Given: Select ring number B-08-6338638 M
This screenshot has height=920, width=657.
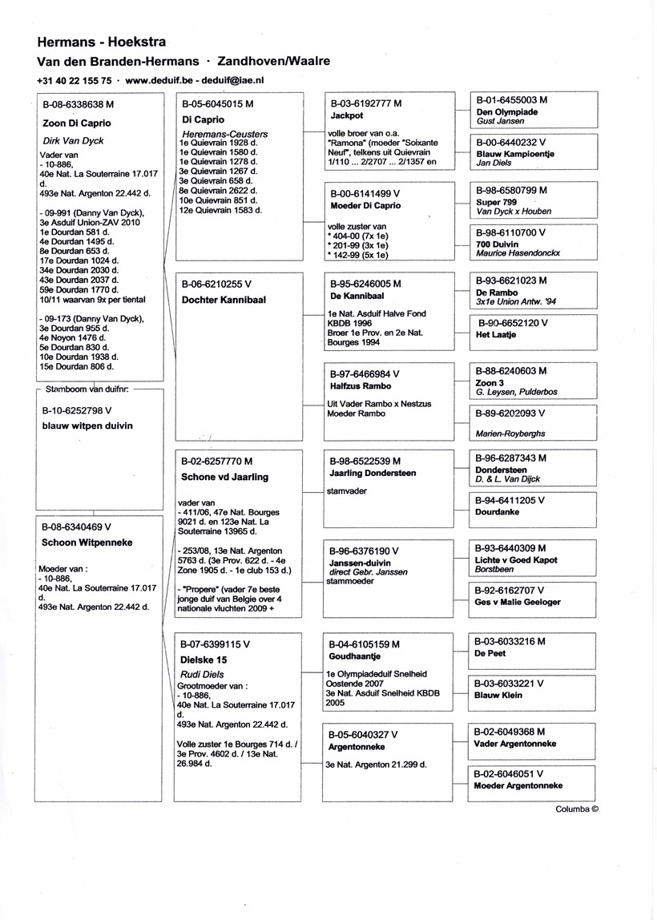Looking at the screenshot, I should pyautogui.click(x=78, y=104).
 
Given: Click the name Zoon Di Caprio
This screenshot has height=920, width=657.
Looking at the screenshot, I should pyautogui.click(x=76, y=123).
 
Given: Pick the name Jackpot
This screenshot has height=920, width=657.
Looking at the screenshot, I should pyautogui.click(x=347, y=115).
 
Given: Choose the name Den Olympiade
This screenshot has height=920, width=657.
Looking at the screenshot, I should pyautogui.click(x=506, y=112).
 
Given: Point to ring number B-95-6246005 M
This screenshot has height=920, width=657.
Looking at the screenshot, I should pyautogui.click(x=365, y=284).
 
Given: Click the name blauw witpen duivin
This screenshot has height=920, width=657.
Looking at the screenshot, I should pyautogui.click(x=87, y=426).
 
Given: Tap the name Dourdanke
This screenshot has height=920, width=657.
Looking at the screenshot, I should pyautogui.click(x=497, y=512).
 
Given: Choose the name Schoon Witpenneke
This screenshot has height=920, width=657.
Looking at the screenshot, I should pyautogui.click(x=87, y=543).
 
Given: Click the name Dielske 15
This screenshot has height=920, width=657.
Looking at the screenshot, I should pyautogui.click(x=204, y=660).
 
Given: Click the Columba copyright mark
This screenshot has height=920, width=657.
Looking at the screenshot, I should pyautogui.click(x=577, y=809).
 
